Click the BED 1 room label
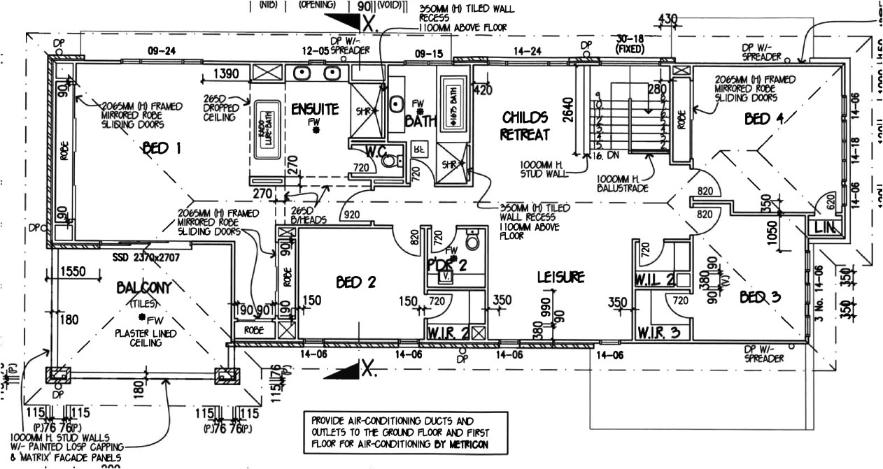162,148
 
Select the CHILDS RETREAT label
524,126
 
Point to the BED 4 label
763,119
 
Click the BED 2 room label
356,282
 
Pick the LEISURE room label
560,277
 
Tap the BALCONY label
144,287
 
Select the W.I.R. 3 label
658,333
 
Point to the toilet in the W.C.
390,161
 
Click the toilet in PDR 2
474,241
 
